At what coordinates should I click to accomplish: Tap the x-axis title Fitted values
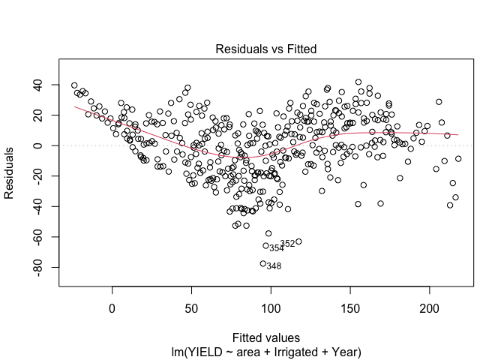coord(266,337)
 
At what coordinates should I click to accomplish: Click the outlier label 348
coord(274,266)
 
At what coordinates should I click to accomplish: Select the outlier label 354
coord(277,248)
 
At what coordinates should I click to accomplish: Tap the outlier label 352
coord(287,244)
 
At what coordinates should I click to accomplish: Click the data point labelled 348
coord(263,263)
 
